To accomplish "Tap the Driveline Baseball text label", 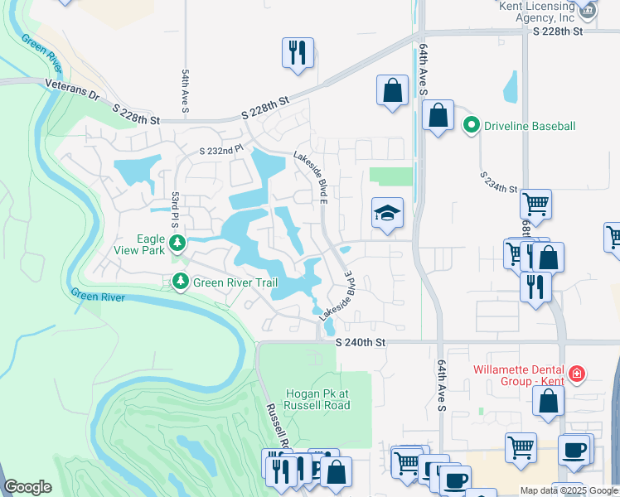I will tap(530, 126).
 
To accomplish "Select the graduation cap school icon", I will tap(387, 214).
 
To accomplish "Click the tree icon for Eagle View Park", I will tap(177, 243).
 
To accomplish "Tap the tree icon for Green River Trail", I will tap(181, 282).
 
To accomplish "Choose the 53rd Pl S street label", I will tap(176, 211).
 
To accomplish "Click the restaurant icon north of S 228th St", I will tap(296, 52).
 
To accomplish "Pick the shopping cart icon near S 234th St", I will tap(536, 203).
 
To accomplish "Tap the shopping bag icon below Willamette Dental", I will tap(549, 401).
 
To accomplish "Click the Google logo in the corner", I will tap(27, 487).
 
